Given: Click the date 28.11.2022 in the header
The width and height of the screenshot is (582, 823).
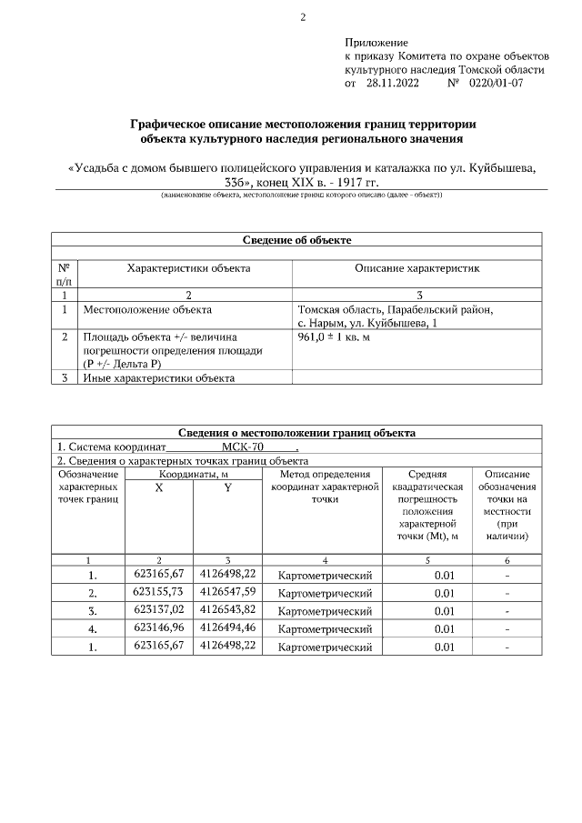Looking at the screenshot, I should (x=392, y=83).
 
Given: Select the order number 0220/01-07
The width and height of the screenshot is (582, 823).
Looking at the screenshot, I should (x=496, y=83).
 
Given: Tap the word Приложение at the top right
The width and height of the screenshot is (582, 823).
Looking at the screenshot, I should (x=376, y=43).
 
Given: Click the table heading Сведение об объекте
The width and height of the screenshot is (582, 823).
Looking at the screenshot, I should (x=296, y=240).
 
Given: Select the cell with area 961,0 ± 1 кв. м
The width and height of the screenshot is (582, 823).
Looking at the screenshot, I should (x=334, y=336).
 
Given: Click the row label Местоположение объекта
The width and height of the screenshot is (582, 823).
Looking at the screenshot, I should (x=147, y=310).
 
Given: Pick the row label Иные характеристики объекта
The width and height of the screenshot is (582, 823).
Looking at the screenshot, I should (x=158, y=378).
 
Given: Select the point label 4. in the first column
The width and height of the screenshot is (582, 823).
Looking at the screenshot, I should (x=92, y=628).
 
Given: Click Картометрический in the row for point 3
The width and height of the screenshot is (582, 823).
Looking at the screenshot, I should (x=325, y=611).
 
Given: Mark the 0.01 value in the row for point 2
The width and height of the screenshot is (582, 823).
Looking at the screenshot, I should (x=444, y=593).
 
